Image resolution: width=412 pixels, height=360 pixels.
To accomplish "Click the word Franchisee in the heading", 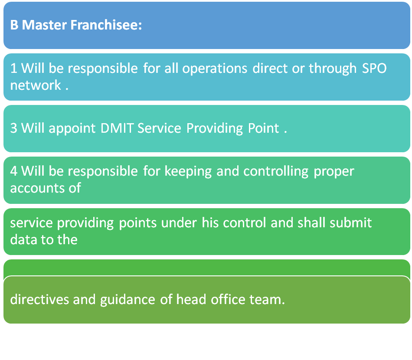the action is click(106, 25).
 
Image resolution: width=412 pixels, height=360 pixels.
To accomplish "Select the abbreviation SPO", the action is click(374, 69).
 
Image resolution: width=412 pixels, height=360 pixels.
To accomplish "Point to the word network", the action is click(36, 85).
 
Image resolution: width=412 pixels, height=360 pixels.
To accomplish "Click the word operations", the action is click(215, 69).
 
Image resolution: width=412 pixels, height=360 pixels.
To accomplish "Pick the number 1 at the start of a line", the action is click(14, 69).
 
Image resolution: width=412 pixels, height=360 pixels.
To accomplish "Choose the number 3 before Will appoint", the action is click(14, 128).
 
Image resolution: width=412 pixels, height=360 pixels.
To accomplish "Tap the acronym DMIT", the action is click(117, 128).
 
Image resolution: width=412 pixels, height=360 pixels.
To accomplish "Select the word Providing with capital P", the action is click(214, 129).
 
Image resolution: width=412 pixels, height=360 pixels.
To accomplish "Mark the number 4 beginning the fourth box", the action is click(14, 171).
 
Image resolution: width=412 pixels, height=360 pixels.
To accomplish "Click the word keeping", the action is click(188, 172).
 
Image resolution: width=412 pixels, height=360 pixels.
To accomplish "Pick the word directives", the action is click(39, 300).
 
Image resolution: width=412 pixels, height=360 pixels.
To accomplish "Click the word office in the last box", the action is click(228, 300).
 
